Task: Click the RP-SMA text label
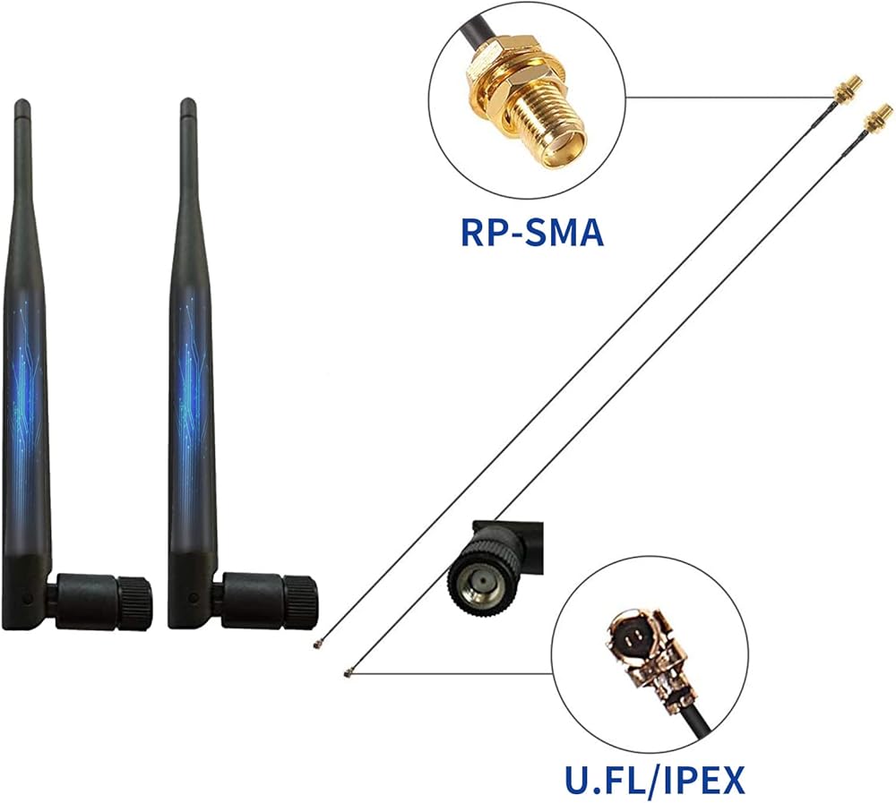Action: click(x=532, y=233)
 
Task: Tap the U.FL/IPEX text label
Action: click(x=655, y=780)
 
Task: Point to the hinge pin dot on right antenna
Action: click(x=194, y=598)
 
